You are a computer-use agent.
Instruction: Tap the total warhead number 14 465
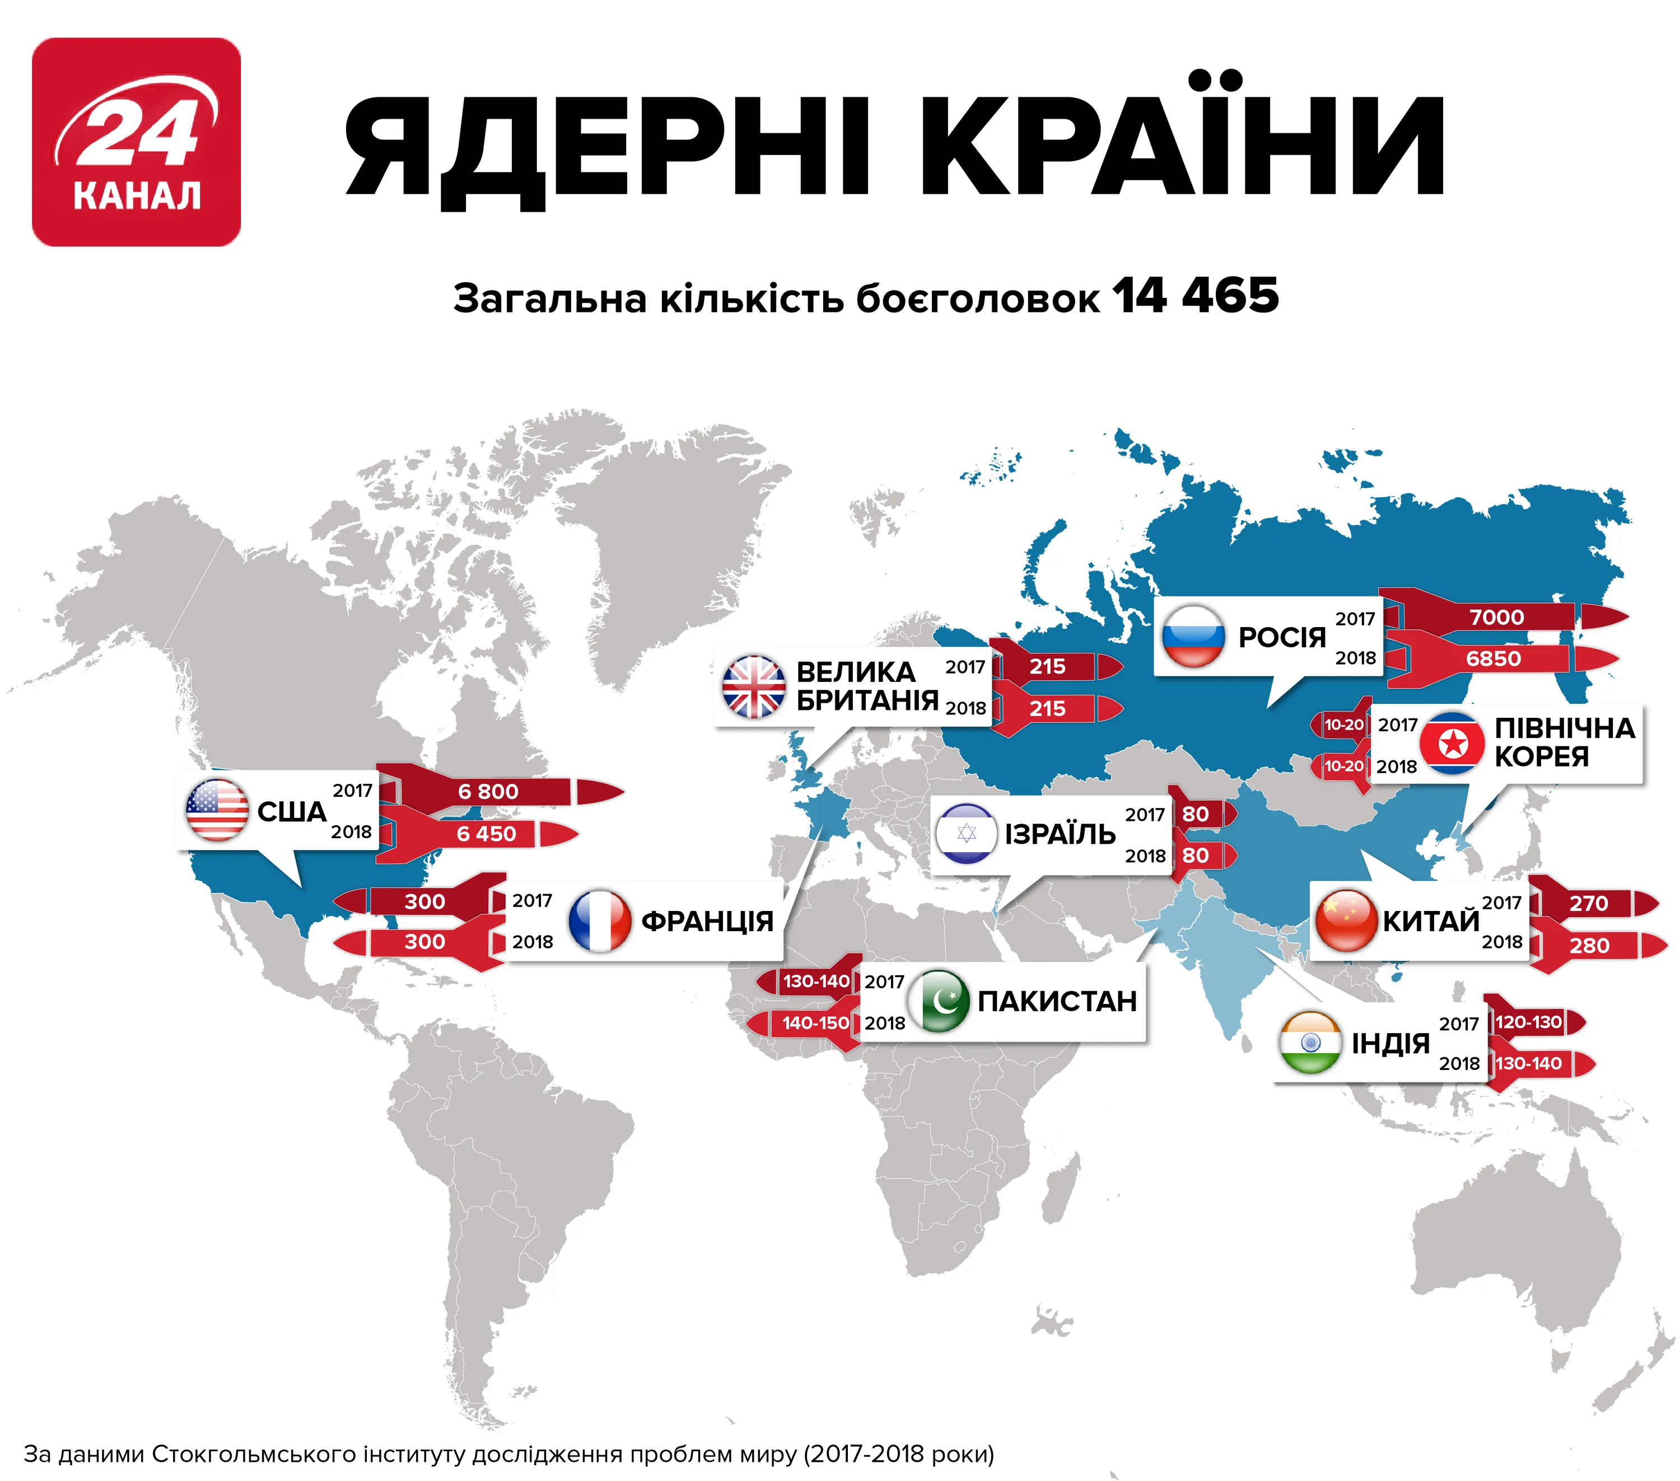pos(1196,296)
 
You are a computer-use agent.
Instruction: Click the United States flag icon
pos(217,810)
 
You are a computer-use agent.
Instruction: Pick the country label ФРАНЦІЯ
pos(707,921)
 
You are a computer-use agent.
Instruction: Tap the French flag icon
pos(599,921)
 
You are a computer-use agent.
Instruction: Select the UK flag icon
pos(753,687)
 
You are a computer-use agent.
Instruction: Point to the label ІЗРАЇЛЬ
pos(1060,834)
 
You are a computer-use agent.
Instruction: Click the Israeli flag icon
pos(967,833)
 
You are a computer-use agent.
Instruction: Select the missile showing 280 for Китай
pos(1590,945)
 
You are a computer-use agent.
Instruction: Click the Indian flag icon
pos(1310,1043)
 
